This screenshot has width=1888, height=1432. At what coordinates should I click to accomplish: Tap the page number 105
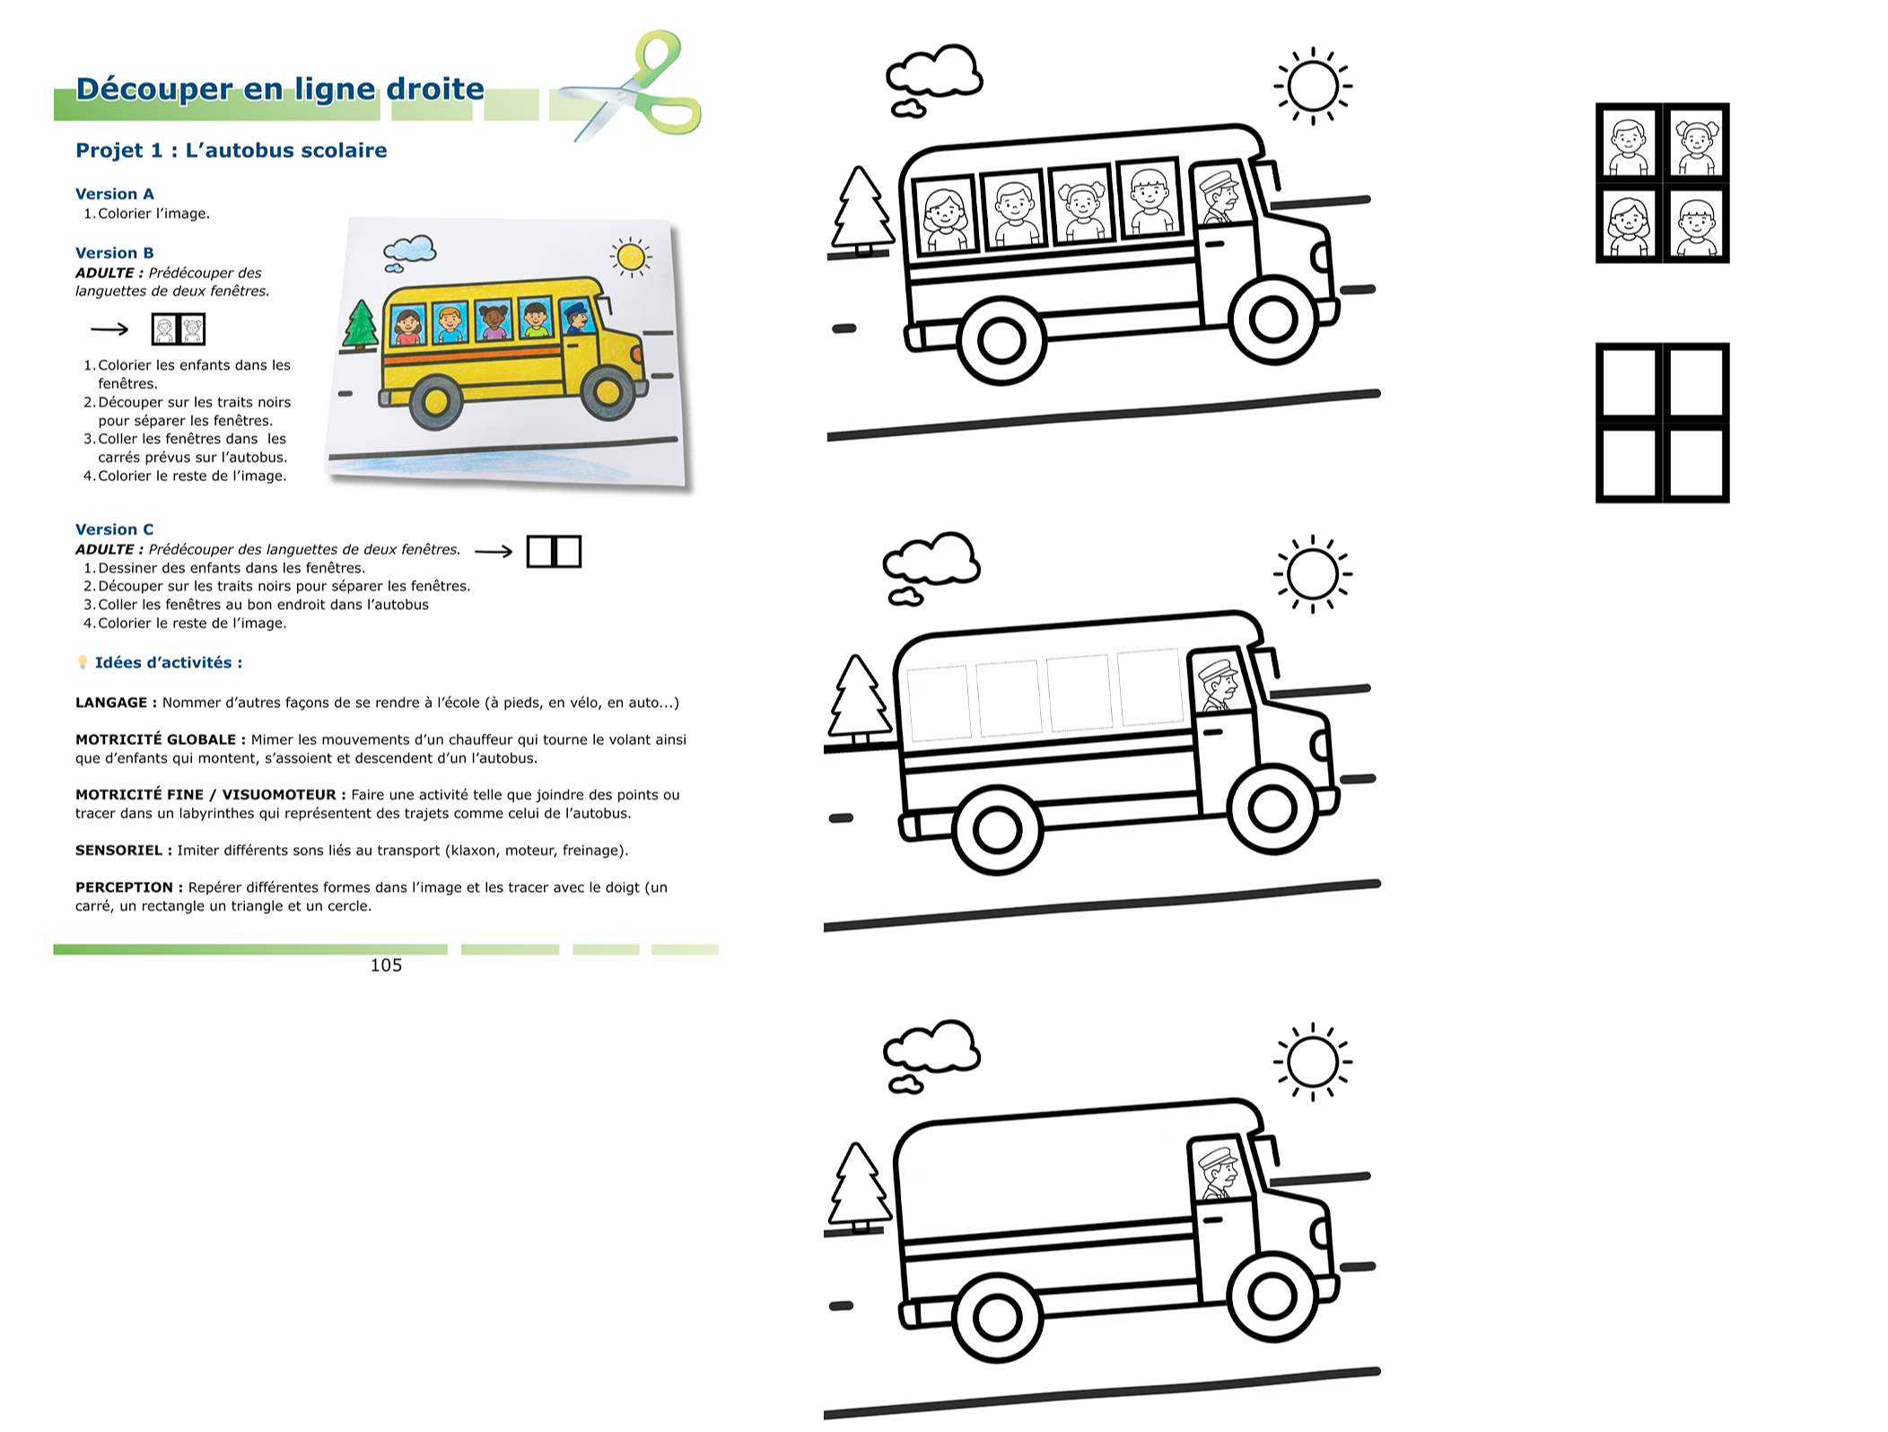386,965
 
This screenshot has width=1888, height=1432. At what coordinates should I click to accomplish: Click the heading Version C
114,529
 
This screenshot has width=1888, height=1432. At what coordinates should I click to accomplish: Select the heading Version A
114,194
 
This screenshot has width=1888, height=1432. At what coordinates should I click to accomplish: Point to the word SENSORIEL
118,851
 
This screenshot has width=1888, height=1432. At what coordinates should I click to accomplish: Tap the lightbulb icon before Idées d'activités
83,662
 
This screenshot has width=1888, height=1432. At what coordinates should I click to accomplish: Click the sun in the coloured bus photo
631,258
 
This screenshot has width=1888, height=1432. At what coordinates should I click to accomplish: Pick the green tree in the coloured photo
360,325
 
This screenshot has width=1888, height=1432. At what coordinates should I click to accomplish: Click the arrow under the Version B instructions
109,329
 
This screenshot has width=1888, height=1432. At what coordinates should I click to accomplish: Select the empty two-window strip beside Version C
554,551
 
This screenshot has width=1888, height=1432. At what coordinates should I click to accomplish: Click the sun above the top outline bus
1313,86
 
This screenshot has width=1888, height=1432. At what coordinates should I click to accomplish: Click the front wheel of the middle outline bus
1272,809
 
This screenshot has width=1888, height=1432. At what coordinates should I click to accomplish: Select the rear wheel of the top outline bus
1001,341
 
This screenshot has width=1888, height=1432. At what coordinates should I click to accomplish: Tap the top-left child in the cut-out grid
1629,143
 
